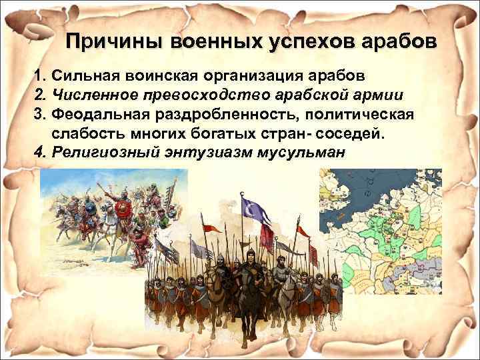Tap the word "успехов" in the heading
pyautogui.click(x=304, y=41)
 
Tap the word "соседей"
pyautogui.click(x=353, y=133)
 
